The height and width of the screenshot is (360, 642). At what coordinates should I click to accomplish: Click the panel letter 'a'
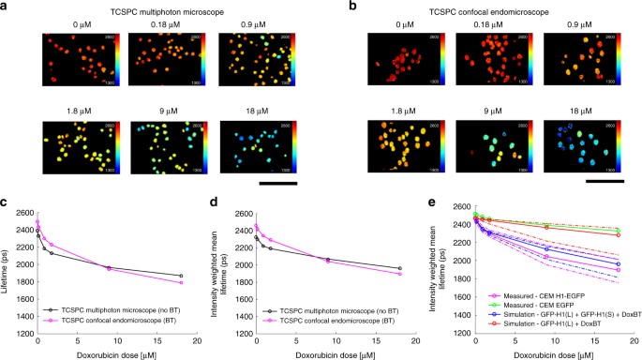[x=5, y=7]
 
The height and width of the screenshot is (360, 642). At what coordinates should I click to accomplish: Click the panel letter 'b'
[x=327, y=7]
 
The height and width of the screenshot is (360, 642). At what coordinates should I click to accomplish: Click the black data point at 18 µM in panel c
[x=180, y=277]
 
